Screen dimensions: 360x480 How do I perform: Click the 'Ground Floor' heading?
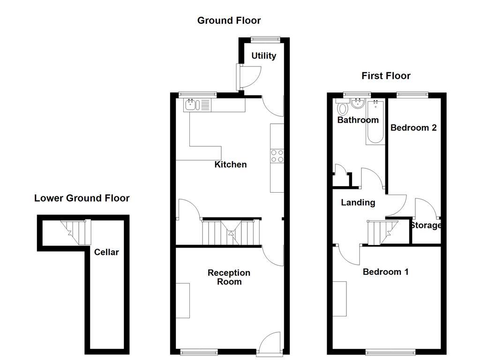[x=229, y=21]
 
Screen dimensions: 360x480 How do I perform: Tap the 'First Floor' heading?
[x=386, y=76]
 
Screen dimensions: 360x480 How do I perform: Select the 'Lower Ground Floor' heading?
[x=82, y=198]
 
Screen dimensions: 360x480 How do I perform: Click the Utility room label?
[x=263, y=56]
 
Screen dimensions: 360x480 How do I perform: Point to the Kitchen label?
[x=230, y=165]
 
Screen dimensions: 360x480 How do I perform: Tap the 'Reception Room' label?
[x=229, y=277]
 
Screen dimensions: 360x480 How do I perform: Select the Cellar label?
[x=106, y=252]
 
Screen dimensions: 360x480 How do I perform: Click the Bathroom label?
[x=358, y=120]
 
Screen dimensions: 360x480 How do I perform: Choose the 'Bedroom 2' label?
[x=413, y=127]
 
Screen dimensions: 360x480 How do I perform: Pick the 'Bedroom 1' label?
[x=385, y=272]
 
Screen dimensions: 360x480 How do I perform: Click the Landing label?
[x=358, y=202]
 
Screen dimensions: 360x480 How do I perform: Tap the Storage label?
[x=426, y=225]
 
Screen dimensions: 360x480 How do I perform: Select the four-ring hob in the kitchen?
[x=277, y=156]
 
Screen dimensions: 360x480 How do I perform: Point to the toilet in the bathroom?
[x=343, y=109]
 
